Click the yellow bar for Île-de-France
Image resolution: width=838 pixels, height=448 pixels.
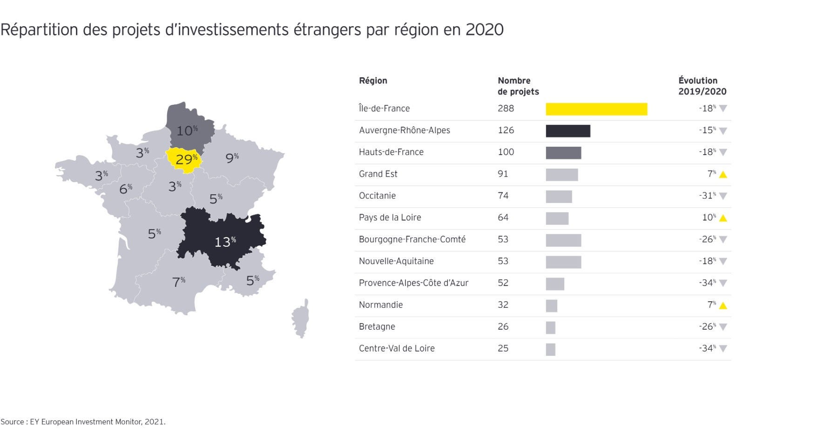[596, 109]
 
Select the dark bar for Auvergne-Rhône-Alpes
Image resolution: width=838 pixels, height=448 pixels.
[568, 131]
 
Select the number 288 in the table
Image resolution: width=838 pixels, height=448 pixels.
[506, 109]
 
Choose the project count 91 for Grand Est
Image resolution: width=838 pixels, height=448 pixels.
[503, 174]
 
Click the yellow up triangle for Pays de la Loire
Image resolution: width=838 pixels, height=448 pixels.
[723, 218]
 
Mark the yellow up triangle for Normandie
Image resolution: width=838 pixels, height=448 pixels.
[723, 305]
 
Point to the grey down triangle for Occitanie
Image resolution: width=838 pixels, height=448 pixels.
[723, 196]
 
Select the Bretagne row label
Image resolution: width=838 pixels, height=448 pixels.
[377, 326]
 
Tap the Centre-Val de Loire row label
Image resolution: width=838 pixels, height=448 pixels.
[397, 348]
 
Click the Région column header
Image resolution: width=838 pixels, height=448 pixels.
[373, 81]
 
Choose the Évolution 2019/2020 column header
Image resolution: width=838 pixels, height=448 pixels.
[702, 86]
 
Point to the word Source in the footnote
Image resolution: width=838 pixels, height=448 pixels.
[12, 422]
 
